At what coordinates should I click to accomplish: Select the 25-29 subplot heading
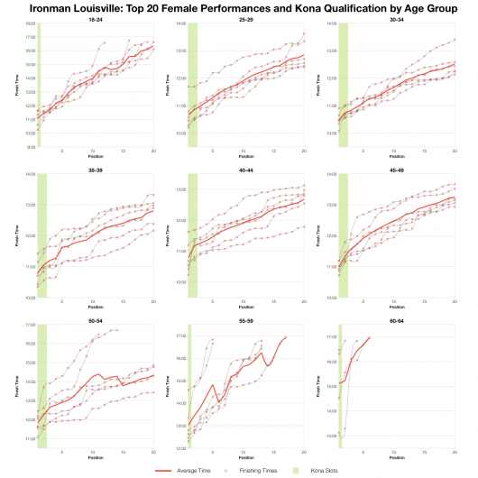pyautogui.click(x=245, y=19)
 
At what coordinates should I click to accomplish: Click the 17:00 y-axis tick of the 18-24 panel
pyautogui.click(x=31, y=37)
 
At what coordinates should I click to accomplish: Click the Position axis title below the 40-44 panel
pyautogui.click(x=245, y=307)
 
